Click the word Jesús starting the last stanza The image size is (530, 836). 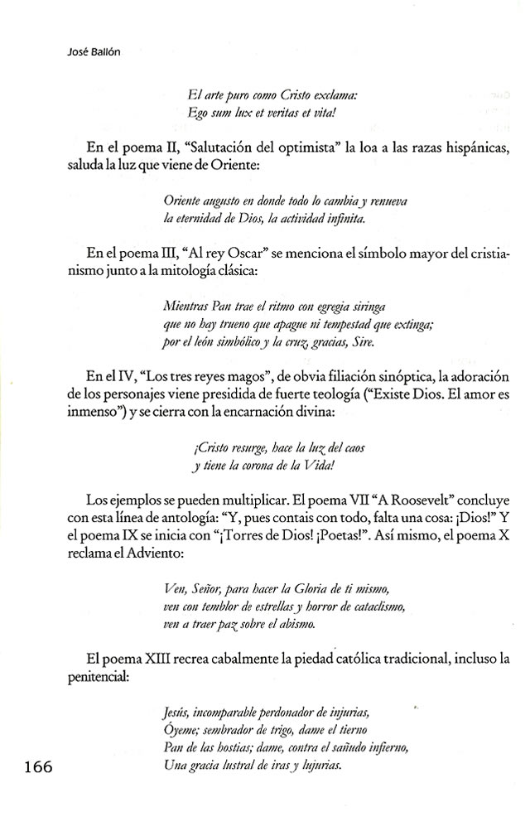180,712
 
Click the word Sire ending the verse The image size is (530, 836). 363,341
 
